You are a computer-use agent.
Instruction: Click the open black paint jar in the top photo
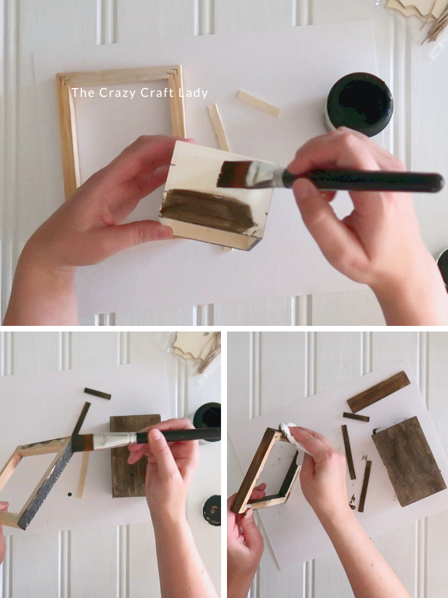pyautogui.click(x=359, y=103)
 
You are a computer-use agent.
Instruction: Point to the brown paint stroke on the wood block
pyautogui.click(x=208, y=211)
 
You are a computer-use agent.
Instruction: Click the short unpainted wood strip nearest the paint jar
pyautogui.click(x=259, y=103)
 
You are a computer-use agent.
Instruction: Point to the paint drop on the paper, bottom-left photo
pyautogui.click(x=70, y=495)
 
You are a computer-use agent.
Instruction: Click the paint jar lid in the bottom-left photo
pyautogui.click(x=212, y=510)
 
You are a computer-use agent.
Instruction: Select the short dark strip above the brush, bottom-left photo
pyautogui.click(x=97, y=393)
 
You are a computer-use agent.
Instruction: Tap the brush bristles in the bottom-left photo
pyautogui.click(x=82, y=443)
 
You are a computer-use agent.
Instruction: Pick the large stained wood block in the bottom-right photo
pyautogui.click(x=409, y=462)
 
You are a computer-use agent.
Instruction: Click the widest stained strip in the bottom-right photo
pyautogui.click(x=379, y=392)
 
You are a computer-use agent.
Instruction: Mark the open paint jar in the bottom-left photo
pyautogui.click(x=207, y=419)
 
